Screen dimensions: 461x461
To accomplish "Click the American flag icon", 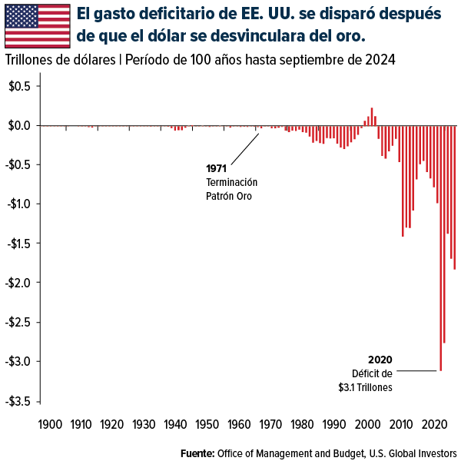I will tap(36, 25).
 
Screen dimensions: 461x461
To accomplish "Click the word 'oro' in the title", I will tap(350, 36).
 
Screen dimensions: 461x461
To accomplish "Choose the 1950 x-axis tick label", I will tap(206, 423).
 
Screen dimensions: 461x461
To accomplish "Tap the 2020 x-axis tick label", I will tap(424, 423).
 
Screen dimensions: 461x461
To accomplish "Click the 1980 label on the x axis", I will tap(300, 423).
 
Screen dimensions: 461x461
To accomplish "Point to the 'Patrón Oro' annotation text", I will tap(228, 196).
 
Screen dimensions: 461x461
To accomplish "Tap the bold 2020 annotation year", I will tap(380, 360).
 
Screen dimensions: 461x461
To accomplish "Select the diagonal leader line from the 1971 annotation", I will tap(244, 149).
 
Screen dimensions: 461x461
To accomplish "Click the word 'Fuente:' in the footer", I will tap(197, 452).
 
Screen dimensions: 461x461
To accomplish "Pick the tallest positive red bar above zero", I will tap(372, 116).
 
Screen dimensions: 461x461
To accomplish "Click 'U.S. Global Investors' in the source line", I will tap(410, 452).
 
